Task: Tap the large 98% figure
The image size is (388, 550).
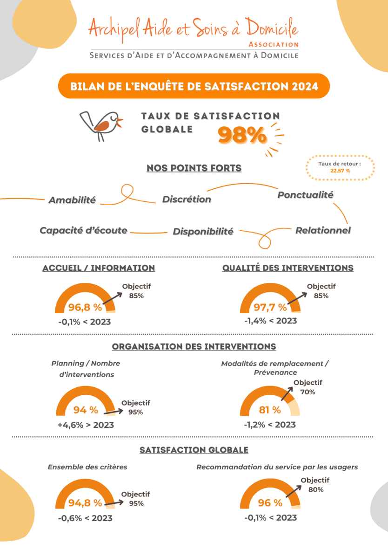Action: [242, 135]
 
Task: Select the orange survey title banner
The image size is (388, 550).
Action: [194, 86]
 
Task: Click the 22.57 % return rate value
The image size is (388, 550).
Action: [340, 171]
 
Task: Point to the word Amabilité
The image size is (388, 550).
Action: [72, 200]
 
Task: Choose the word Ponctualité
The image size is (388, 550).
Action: [305, 195]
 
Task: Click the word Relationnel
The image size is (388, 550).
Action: [323, 230]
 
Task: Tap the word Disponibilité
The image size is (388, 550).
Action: [203, 232]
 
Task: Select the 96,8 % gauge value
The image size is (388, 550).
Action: [85, 307]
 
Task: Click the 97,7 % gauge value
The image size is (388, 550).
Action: [270, 307]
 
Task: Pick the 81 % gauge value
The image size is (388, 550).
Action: [270, 410]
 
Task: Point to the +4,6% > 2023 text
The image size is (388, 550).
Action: [86, 425]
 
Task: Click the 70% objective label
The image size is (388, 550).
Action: [308, 392]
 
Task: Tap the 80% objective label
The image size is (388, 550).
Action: [316, 489]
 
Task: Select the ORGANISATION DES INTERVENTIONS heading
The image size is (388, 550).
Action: [194, 347]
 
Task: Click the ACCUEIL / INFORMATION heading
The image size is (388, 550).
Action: [99, 268]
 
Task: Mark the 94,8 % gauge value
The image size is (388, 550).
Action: [85, 503]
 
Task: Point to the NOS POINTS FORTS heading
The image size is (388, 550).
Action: [194, 168]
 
